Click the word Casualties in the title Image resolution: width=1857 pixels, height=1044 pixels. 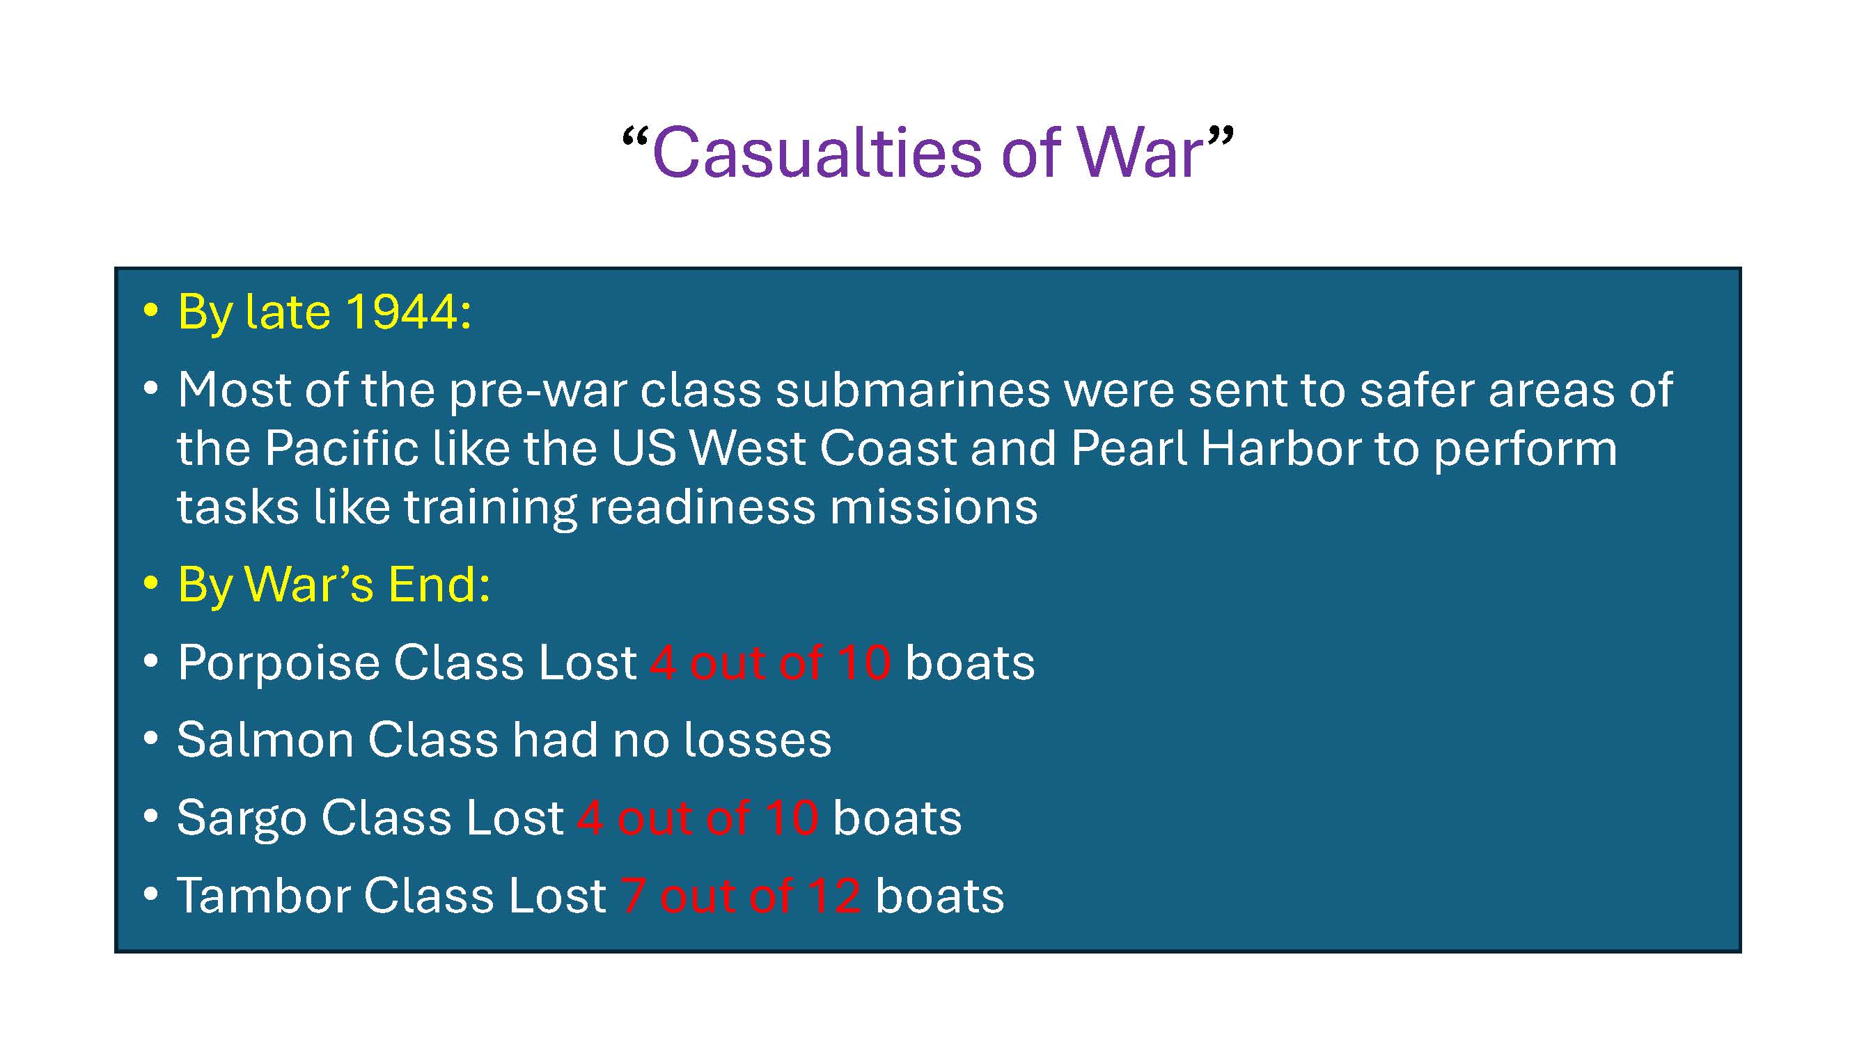tap(817, 153)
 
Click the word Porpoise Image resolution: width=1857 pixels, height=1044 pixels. tap(279, 663)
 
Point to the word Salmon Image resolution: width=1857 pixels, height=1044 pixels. tap(265, 741)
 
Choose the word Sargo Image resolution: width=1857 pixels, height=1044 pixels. tap(242, 818)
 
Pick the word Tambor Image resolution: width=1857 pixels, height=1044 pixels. tap(263, 896)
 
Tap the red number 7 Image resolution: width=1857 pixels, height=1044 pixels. tap(632, 896)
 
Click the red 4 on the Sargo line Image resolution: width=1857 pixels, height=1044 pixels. tap(590, 818)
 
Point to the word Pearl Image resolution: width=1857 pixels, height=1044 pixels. tap(1128, 449)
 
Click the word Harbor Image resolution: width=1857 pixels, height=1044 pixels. tap(1280, 449)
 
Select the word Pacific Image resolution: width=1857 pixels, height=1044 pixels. tap(341, 449)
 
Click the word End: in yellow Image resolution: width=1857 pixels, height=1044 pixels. tap(438, 585)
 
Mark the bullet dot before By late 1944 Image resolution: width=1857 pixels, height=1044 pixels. tap(150, 310)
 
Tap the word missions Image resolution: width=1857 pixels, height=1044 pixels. tap(934, 507)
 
